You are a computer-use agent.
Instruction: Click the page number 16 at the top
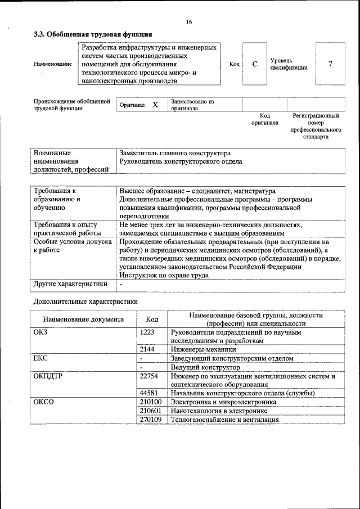point(188,22)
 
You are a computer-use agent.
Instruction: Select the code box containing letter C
point(255,64)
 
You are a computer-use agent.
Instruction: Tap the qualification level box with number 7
point(330,64)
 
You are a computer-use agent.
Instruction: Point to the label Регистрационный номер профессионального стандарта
point(316,126)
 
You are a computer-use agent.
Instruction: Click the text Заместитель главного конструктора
point(175,153)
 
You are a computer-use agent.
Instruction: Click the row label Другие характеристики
point(70,284)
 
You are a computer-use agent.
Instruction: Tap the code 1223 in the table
point(147,332)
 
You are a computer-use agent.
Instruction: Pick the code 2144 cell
point(147,349)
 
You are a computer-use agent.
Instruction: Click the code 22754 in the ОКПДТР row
point(149,376)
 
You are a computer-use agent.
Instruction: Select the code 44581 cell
point(149,393)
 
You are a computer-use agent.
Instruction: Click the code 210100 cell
point(151,402)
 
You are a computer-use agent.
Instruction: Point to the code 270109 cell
point(151,419)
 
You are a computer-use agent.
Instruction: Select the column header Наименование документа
point(83,319)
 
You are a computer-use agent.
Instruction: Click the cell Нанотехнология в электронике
point(219,411)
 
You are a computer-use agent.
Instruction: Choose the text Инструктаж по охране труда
point(164,275)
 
